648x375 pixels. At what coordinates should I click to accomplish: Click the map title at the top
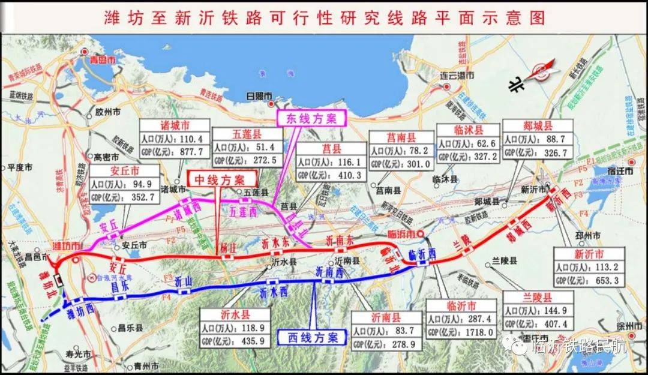tap(325, 17)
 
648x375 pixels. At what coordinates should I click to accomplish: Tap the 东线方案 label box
tap(311, 118)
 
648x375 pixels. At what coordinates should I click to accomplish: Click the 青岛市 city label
tap(100, 59)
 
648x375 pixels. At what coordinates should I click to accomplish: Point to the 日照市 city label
tap(259, 96)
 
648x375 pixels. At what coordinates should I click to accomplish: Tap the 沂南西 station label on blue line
tap(330, 273)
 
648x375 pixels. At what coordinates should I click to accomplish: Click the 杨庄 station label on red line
tap(226, 246)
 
